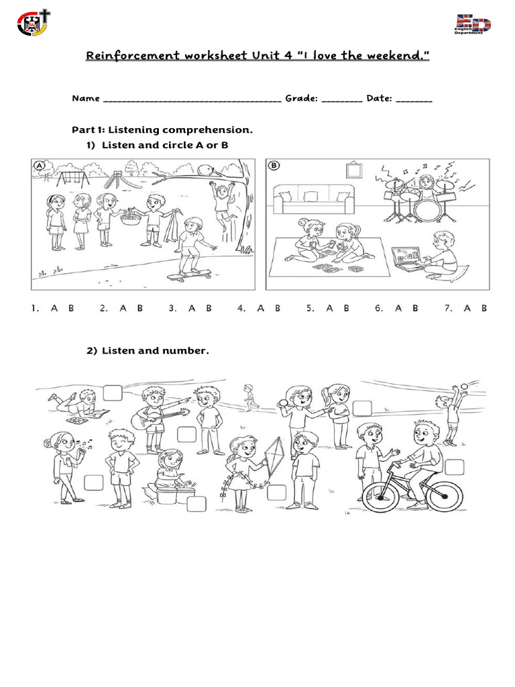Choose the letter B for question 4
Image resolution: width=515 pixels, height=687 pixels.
[277, 308]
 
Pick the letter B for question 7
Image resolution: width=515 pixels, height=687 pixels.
[483, 308]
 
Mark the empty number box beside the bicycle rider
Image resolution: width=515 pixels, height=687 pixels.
[454, 467]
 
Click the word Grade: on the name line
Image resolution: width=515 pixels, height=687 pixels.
[300, 99]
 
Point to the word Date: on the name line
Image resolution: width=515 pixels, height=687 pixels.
[380, 99]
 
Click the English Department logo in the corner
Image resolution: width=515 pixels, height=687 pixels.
[473, 25]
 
